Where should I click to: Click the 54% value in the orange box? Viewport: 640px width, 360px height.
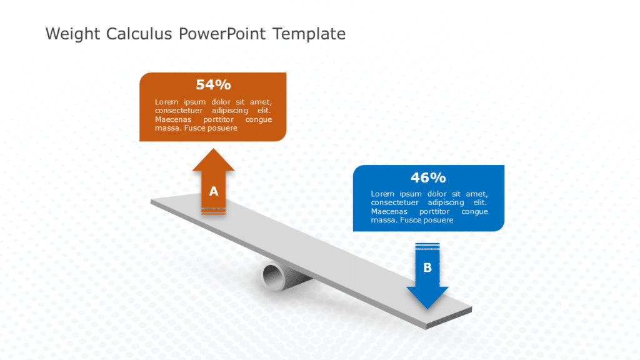(213, 85)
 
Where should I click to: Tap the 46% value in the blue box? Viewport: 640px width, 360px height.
(428, 177)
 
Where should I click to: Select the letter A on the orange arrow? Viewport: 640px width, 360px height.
(214, 191)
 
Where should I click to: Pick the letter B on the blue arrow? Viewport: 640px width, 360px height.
(427, 267)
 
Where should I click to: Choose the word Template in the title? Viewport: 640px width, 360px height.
(309, 34)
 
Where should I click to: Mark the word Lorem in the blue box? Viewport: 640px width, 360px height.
(382, 194)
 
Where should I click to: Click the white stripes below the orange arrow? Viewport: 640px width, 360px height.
(214, 213)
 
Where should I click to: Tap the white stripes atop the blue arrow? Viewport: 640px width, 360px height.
(427, 246)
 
